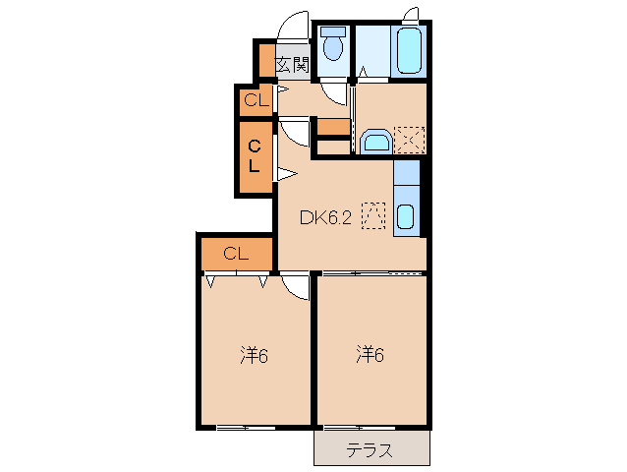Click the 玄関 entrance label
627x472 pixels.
pos(292,66)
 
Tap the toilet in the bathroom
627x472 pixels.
pos(333,45)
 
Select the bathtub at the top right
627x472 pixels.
pos(410,50)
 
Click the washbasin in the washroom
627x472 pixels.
pos(375,144)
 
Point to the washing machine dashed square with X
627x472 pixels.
pos(409,141)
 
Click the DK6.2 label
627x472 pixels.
pos(325,216)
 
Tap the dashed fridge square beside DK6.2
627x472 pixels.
pos(373,214)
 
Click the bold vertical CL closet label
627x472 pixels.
pos(254,156)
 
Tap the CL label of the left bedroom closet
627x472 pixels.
pos(236,253)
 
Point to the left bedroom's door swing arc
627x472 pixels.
pos(296,286)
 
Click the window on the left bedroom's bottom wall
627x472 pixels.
pos(245,427)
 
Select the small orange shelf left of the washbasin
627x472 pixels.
pos(333,127)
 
